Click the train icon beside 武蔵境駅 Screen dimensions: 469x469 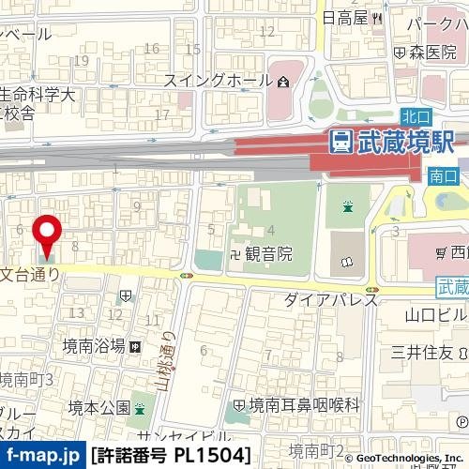(x=341, y=143)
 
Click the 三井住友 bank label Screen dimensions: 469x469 (x=422, y=352)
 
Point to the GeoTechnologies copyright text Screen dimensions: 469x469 (x=405, y=459)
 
